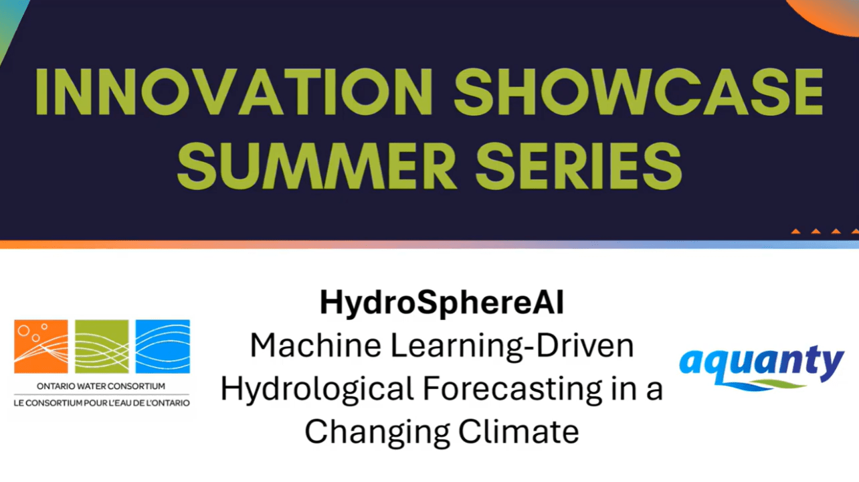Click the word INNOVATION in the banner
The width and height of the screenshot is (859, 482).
pyautogui.click(x=234, y=92)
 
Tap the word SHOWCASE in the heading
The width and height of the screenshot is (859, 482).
pyautogui.click(x=638, y=92)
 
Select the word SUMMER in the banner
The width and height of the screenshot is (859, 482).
pyautogui.click(x=316, y=165)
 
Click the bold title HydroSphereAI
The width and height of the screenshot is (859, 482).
pyautogui.click(x=442, y=303)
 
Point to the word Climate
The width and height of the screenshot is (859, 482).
pyautogui.click(x=518, y=431)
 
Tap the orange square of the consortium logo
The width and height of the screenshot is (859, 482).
pyautogui.click(x=41, y=347)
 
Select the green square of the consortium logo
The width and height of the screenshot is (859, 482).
pyautogui.click(x=102, y=347)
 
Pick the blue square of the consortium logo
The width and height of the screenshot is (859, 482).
pyautogui.click(x=163, y=347)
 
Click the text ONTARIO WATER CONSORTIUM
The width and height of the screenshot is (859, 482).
pyautogui.click(x=101, y=386)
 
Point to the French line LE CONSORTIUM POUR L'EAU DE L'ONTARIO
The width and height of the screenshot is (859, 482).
pyautogui.click(x=102, y=403)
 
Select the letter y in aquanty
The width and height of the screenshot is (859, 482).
pyautogui.click(x=830, y=365)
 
